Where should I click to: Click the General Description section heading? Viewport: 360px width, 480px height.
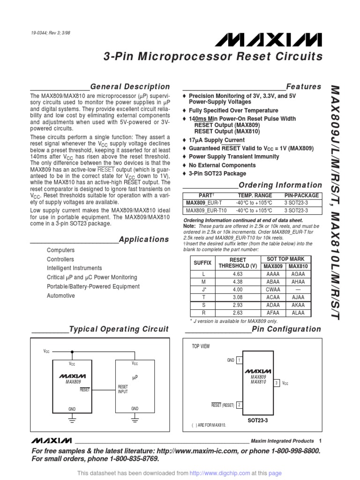click(x=130, y=87)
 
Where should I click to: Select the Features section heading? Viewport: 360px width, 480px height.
click(x=304, y=87)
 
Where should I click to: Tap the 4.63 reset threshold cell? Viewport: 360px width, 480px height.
click(x=238, y=274)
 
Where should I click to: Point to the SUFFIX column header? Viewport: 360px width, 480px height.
click(x=202, y=263)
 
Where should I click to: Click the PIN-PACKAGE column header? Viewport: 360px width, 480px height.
click(x=302, y=195)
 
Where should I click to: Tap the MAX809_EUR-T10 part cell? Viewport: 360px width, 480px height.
click(x=206, y=211)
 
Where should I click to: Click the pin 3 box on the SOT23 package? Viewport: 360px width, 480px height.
click(x=277, y=383)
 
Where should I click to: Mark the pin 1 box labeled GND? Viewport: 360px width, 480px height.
click(x=239, y=360)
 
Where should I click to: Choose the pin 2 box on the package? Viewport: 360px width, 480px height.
click(x=239, y=405)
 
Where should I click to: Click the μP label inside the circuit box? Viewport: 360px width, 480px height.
click(x=135, y=377)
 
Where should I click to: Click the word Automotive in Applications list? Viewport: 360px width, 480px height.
click(x=61, y=296)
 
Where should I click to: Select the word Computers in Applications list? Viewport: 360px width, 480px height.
click(x=60, y=250)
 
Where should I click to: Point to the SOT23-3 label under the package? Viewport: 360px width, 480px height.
click(x=258, y=420)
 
